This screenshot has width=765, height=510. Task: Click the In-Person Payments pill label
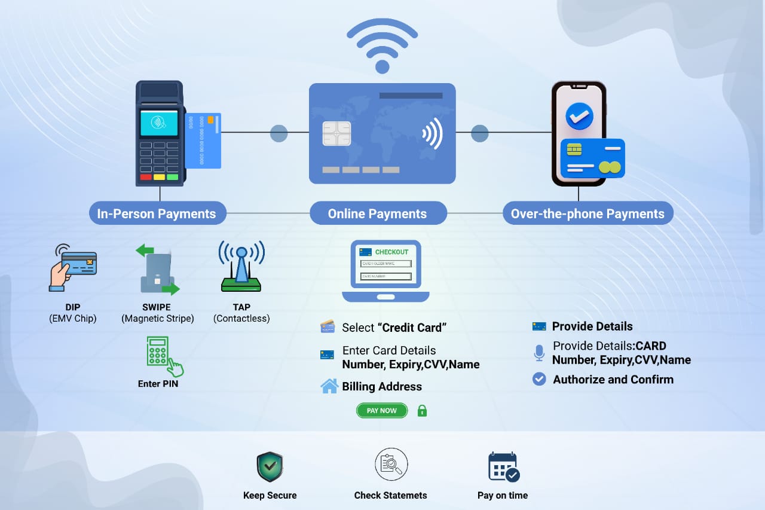point(157,213)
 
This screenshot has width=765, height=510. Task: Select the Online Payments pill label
point(377,213)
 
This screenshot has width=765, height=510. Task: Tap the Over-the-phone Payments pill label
point(587,213)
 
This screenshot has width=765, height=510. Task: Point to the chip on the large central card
point(336,133)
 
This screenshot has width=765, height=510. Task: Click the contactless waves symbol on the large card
point(432,133)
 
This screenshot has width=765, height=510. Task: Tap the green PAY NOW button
point(381,411)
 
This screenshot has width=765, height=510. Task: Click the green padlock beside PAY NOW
point(422,411)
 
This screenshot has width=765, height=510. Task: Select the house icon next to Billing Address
point(329,386)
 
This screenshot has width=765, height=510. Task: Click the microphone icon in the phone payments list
point(539,353)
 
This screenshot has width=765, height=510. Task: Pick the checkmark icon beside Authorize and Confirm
point(539,379)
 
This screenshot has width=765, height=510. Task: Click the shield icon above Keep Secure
point(270,466)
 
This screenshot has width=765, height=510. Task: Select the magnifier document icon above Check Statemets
point(391,465)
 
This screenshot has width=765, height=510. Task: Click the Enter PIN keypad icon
point(161,354)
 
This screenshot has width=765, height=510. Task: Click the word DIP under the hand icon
point(73,307)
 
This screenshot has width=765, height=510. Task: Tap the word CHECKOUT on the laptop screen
point(391,252)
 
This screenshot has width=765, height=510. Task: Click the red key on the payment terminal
point(145,177)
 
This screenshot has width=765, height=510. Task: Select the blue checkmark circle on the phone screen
point(579,116)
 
